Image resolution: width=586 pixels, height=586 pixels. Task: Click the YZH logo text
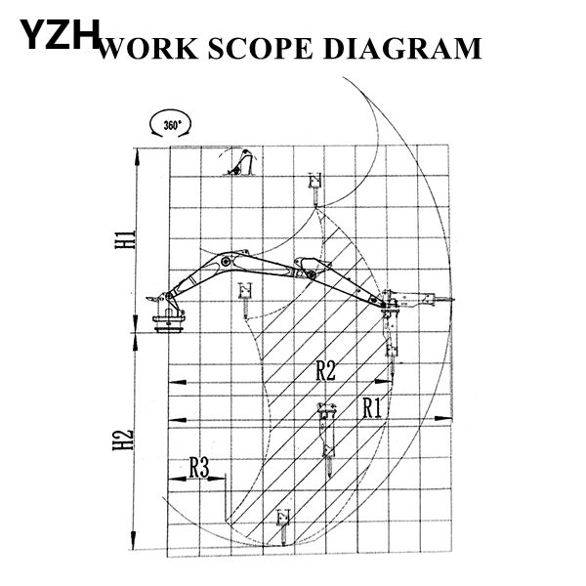[x=60, y=35]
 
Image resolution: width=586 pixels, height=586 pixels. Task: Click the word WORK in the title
[x=148, y=49]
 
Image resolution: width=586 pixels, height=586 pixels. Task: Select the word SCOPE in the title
[x=260, y=48]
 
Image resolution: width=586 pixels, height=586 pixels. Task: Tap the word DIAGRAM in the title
[x=402, y=48]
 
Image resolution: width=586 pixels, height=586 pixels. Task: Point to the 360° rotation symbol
[x=170, y=124]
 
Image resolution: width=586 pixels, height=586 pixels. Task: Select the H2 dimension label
[x=123, y=439]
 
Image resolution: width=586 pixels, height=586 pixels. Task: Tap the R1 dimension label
[x=372, y=408]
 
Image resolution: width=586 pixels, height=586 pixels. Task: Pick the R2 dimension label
[x=325, y=371]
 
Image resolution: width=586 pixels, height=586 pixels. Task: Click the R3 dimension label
[x=199, y=467]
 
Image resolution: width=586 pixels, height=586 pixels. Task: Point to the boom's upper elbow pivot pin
[x=226, y=261]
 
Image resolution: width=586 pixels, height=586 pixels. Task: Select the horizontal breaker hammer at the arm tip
[x=418, y=300]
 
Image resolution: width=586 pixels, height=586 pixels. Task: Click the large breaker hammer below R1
[x=327, y=439]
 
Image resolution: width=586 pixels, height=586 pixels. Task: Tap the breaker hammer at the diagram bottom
[x=283, y=526]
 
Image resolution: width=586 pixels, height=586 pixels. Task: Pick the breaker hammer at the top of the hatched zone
[x=315, y=189]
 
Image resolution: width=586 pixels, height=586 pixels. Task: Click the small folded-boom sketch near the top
[x=240, y=162]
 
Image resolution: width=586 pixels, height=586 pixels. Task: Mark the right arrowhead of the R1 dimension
[x=443, y=419]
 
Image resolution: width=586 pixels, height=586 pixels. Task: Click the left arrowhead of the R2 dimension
[x=178, y=382]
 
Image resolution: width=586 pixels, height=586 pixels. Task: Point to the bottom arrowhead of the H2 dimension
[x=134, y=540]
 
